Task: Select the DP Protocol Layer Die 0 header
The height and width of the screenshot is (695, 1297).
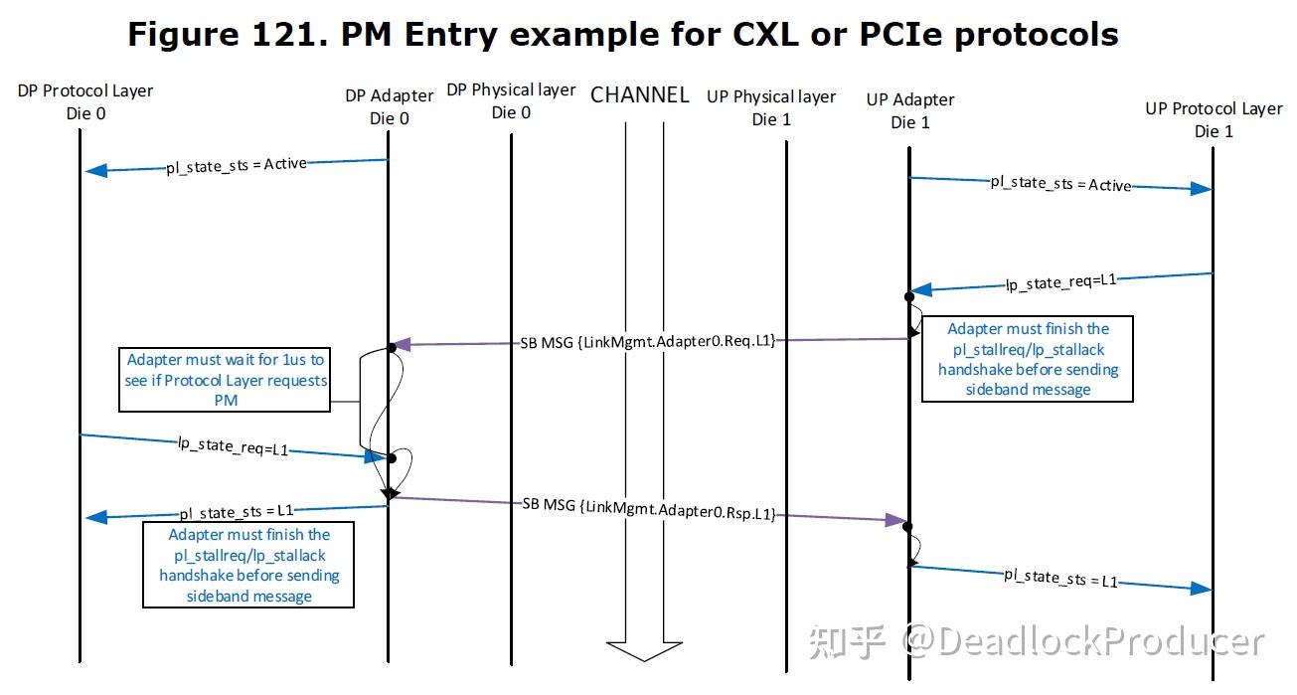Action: [85, 101]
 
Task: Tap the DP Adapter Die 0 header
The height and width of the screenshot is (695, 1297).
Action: [390, 106]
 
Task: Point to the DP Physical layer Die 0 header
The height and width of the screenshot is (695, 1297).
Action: [511, 100]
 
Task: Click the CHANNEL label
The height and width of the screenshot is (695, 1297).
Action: [639, 95]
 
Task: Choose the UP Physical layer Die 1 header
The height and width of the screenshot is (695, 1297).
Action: [771, 107]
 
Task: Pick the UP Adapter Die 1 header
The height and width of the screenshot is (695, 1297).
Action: [909, 110]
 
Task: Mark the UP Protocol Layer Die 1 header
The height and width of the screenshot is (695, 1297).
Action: [1214, 119]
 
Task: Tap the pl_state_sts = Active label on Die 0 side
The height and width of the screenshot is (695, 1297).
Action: [237, 165]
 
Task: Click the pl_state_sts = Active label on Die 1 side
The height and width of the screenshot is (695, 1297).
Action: [1060, 184]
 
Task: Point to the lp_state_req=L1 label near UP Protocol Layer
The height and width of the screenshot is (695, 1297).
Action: [1061, 282]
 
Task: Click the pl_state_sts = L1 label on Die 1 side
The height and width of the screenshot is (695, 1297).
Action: [1060, 577]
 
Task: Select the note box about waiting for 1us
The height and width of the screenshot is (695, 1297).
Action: [225, 380]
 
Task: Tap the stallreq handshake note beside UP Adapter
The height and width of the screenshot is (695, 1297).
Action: [1028, 359]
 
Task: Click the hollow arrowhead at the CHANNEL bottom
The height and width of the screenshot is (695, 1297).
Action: [644, 650]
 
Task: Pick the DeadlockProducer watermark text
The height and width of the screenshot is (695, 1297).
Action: [1082, 642]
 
